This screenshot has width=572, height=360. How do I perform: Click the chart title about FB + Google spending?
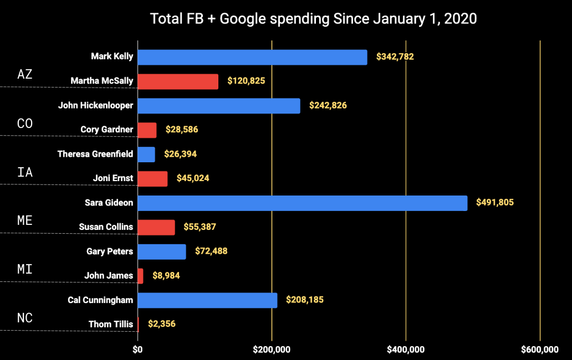(x=313, y=19)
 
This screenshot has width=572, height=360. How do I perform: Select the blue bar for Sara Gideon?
(x=302, y=203)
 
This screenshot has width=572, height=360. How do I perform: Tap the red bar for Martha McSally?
(x=177, y=81)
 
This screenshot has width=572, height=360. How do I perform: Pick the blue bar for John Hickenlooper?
(x=218, y=106)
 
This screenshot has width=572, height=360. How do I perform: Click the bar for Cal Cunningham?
(x=207, y=300)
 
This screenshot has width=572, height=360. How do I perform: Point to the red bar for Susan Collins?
(x=156, y=227)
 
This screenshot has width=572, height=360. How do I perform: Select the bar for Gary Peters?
(x=161, y=251)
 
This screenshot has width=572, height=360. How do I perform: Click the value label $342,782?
(x=395, y=56)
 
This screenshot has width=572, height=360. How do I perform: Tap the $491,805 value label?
(x=495, y=203)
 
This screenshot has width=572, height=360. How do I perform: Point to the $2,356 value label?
(x=162, y=324)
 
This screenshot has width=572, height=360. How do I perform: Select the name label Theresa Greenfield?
(x=95, y=154)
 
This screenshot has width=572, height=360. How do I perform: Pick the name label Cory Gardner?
(x=107, y=130)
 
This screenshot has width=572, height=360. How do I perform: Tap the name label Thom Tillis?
(x=111, y=324)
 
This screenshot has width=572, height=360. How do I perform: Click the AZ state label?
(x=25, y=75)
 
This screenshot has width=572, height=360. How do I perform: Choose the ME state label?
(x=25, y=220)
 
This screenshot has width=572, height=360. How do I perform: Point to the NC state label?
(x=25, y=318)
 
